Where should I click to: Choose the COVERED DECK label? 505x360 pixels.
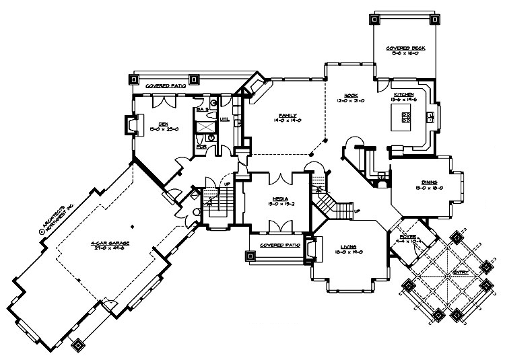coord(401,48)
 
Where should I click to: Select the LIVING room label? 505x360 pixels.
coord(347,248)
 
